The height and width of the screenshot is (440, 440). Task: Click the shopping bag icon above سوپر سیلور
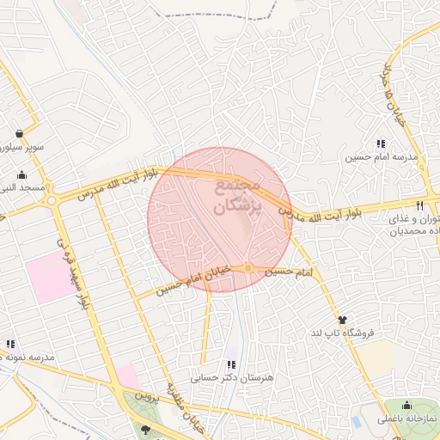point(19,133)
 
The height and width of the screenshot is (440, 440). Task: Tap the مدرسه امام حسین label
point(381,158)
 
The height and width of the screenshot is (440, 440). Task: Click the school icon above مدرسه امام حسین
point(381,144)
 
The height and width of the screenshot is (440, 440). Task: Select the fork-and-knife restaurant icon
point(419,205)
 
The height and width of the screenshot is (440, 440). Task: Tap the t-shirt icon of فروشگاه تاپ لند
point(344,320)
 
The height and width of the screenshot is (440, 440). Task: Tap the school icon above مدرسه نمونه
point(10,344)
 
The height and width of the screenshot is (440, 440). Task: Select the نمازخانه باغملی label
point(406,419)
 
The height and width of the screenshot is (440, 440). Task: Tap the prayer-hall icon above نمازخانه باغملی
point(406,406)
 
